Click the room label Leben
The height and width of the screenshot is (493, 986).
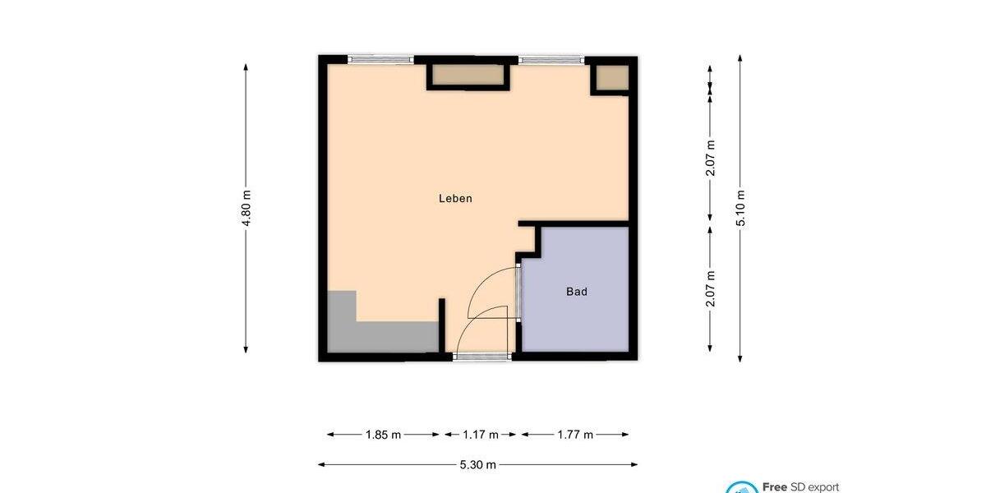tap(455, 198)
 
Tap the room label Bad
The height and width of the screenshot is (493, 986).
tap(577, 292)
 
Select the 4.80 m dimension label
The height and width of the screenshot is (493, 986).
tap(246, 209)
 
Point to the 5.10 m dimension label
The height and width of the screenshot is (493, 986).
tap(740, 209)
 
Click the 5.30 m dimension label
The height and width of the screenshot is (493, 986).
tap(477, 465)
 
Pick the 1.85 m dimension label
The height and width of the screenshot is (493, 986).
tap(383, 435)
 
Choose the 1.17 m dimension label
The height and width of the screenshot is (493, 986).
tap(481, 435)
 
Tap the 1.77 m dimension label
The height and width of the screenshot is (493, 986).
tap(575, 435)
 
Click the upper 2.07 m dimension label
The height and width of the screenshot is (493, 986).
tap(711, 158)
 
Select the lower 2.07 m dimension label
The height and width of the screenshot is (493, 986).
tap(711, 289)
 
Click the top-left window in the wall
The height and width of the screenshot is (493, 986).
tap(380, 60)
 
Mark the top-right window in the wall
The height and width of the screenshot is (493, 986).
tap(551, 60)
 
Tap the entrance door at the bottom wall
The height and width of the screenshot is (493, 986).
tap(483, 357)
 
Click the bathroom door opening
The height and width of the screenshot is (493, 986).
tap(518, 292)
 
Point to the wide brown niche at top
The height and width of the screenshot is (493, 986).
tap(468, 76)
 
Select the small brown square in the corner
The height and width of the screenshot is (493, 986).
tap(611, 78)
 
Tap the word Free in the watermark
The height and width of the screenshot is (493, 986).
tap(775, 486)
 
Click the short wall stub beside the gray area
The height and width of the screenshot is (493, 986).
tap(442, 325)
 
